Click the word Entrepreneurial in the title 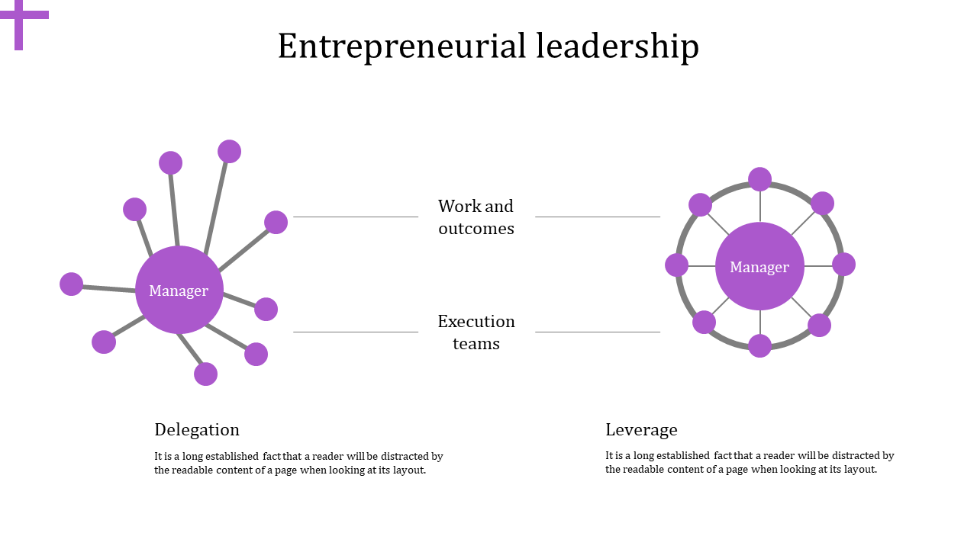coord(402,47)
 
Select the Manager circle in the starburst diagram coord(179,290)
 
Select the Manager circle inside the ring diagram coord(759,266)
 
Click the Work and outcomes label coord(476,217)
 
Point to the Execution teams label coord(476,332)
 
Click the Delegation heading coord(197,429)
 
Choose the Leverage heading coord(641,429)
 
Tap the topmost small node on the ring coord(759,179)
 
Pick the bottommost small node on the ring coord(759,346)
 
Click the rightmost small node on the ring coord(843,265)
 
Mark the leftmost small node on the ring coord(676,265)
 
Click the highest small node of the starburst coord(229,152)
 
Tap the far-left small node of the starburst coord(71,284)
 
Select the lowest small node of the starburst coord(205,374)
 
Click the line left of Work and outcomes coord(356,217)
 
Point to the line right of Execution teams coord(598,332)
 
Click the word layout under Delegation coord(408,470)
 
